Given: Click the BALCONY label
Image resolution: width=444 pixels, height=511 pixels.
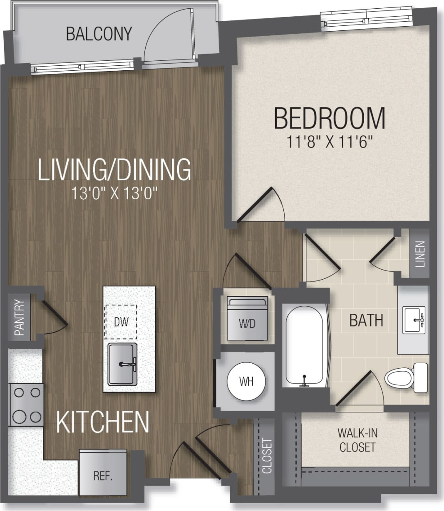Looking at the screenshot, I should (x=99, y=34).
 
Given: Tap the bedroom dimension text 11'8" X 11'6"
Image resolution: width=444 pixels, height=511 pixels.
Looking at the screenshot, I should (x=329, y=142).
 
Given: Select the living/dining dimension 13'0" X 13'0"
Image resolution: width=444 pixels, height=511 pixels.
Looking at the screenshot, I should (x=115, y=193).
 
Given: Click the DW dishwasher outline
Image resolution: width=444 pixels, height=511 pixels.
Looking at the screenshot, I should (x=121, y=322).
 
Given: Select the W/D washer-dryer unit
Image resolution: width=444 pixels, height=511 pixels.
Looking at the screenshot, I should (x=247, y=318).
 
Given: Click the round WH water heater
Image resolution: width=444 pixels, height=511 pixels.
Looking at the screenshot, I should (x=246, y=381).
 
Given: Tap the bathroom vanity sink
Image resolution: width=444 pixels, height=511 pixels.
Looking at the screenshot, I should (x=414, y=320).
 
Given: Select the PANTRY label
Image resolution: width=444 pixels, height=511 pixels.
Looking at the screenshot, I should (x=19, y=318).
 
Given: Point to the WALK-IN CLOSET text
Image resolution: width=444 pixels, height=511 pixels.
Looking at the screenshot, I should (x=357, y=440).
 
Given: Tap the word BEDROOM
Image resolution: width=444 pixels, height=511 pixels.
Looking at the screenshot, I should (x=329, y=118).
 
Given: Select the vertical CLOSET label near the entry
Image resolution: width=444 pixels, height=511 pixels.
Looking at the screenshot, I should (x=267, y=456).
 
